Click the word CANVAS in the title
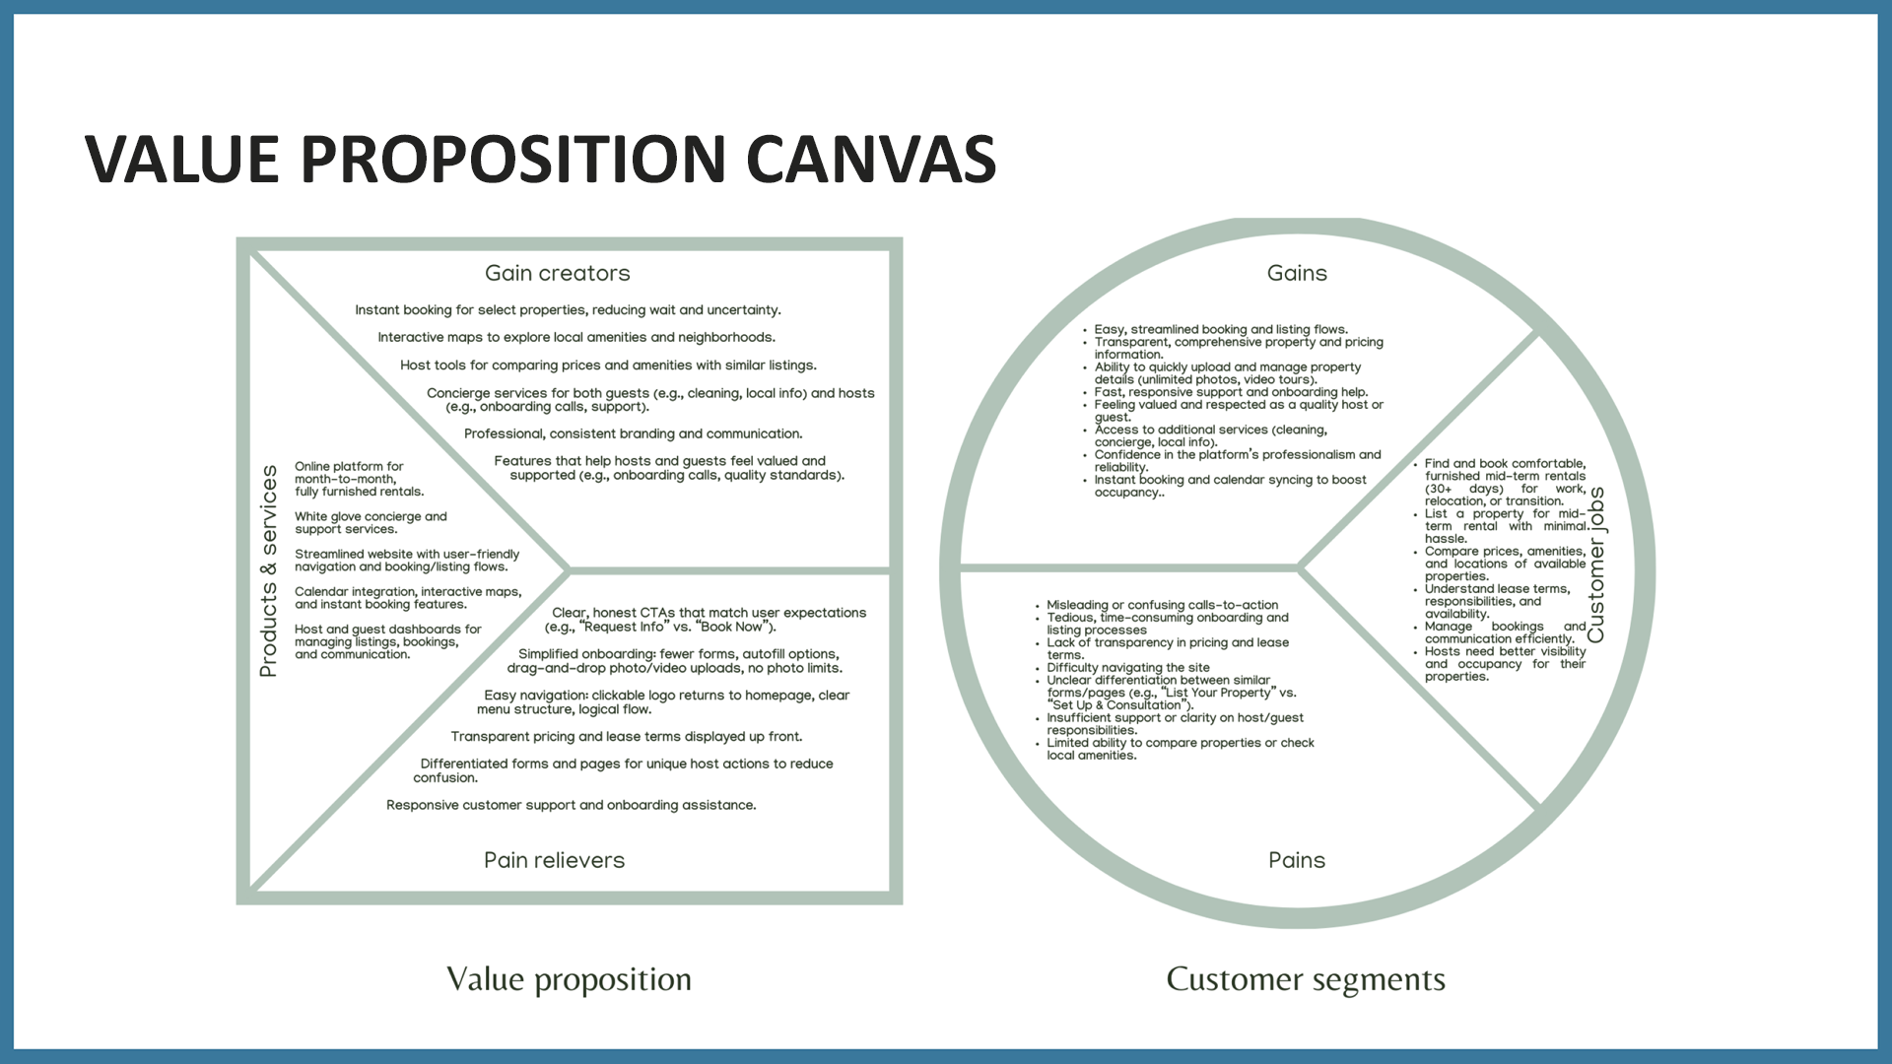coord(871,160)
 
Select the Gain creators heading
coord(557,274)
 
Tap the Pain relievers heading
coord(554,860)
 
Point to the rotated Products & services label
coord(268,571)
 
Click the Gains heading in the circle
coord(1297,274)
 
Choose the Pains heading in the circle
coord(1297,860)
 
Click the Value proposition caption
coord(569,979)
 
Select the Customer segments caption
coord(1306,979)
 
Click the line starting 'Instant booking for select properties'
coord(568,310)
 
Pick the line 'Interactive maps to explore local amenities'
coord(576,338)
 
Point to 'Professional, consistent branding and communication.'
coord(633,434)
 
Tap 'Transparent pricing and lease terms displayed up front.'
coord(627,737)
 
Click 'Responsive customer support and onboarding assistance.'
coord(572,806)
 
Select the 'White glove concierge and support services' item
coord(371,523)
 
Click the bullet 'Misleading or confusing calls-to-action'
coord(1162,605)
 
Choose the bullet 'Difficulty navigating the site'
coord(1128,668)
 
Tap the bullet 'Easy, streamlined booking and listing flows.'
coord(1221,330)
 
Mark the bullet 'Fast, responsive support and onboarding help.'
coord(1231,392)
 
